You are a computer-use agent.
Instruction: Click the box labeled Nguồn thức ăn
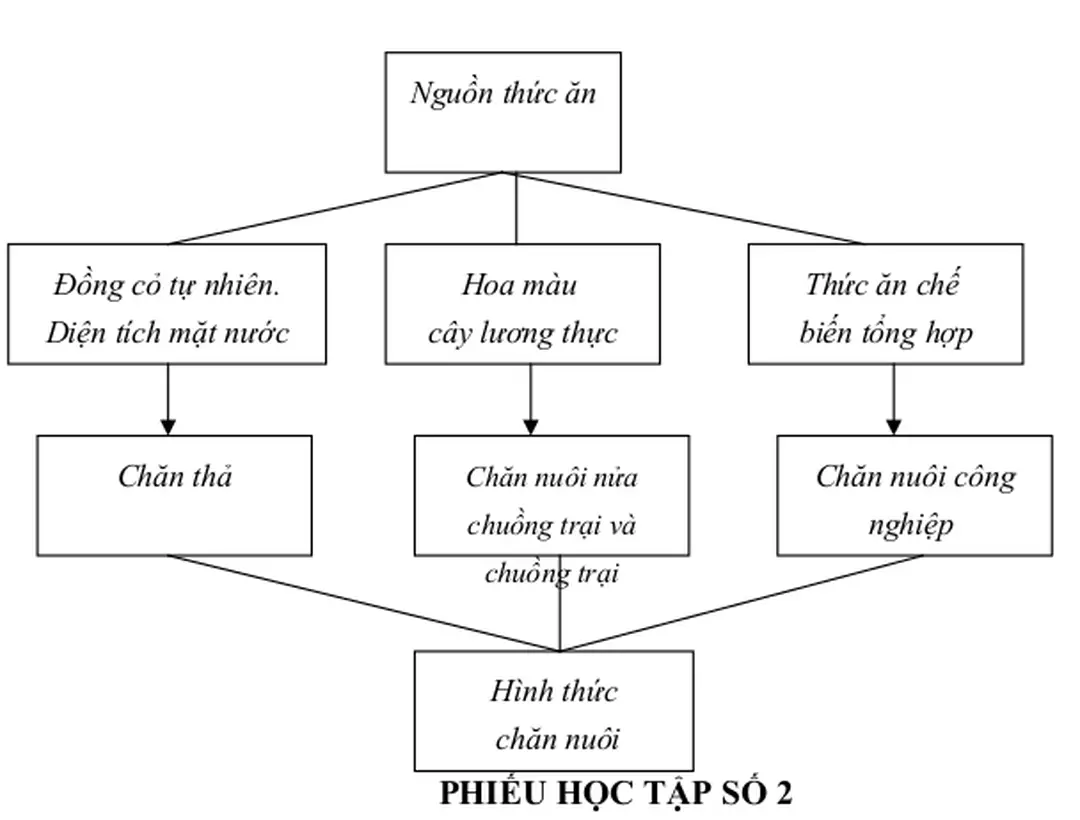pos(503,112)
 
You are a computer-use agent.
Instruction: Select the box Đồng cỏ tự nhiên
pos(167,304)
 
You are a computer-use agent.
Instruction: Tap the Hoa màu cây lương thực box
pos(522,304)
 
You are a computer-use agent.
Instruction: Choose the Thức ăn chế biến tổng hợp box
pos(885,304)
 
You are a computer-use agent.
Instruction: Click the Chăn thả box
pos(174,495)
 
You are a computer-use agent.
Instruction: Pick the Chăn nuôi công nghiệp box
pos(914,495)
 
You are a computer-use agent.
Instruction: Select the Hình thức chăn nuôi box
pos(554,710)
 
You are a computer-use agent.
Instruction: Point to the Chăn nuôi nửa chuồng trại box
pos(551,495)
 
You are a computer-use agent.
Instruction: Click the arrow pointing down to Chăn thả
pos(168,400)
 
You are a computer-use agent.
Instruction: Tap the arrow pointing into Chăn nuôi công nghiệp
pos(894,400)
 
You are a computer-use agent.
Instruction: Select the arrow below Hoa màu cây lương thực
pos(531,400)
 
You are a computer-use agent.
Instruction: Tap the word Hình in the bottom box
pos(516,691)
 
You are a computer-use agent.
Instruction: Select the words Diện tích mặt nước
pos(167,332)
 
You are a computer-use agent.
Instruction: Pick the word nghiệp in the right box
pos(911,525)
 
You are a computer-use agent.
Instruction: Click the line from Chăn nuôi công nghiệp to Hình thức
pos(740,603)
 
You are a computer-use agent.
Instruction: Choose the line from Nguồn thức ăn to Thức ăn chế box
pos(690,208)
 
